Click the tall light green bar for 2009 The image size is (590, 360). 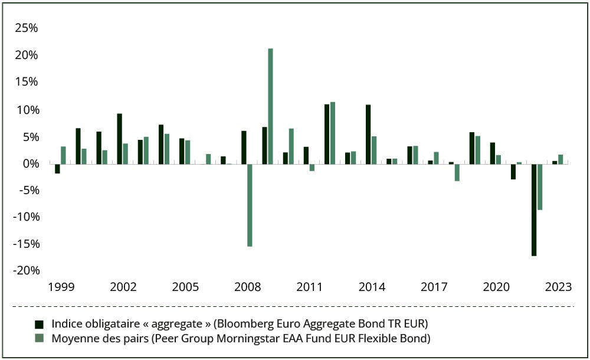[270, 106]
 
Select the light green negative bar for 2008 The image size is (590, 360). [250, 205]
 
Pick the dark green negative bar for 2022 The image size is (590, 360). [534, 210]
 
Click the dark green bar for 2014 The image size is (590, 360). [368, 134]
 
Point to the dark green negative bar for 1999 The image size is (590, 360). [57, 169]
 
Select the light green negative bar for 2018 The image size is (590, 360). [457, 172]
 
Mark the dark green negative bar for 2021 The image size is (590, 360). [513, 171]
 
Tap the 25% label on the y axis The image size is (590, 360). [27, 28]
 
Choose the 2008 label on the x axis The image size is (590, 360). [247, 287]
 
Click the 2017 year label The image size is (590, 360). [434, 287]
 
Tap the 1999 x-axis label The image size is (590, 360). [61, 287]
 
